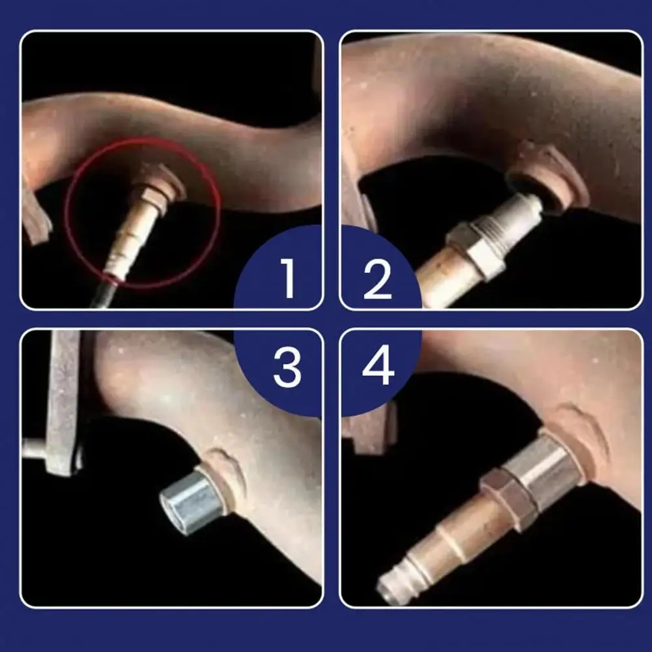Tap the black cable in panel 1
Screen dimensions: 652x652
[103, 293]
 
